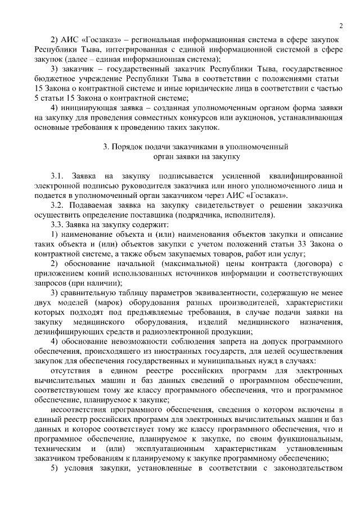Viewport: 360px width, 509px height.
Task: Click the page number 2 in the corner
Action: pos(341,25)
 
